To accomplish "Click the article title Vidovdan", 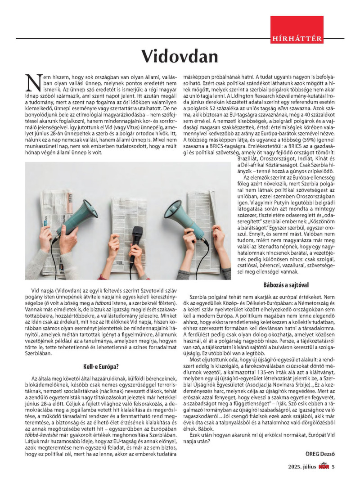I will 180,56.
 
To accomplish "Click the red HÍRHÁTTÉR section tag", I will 297,39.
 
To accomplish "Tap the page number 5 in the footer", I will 333,466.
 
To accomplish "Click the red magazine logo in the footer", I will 323,466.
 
